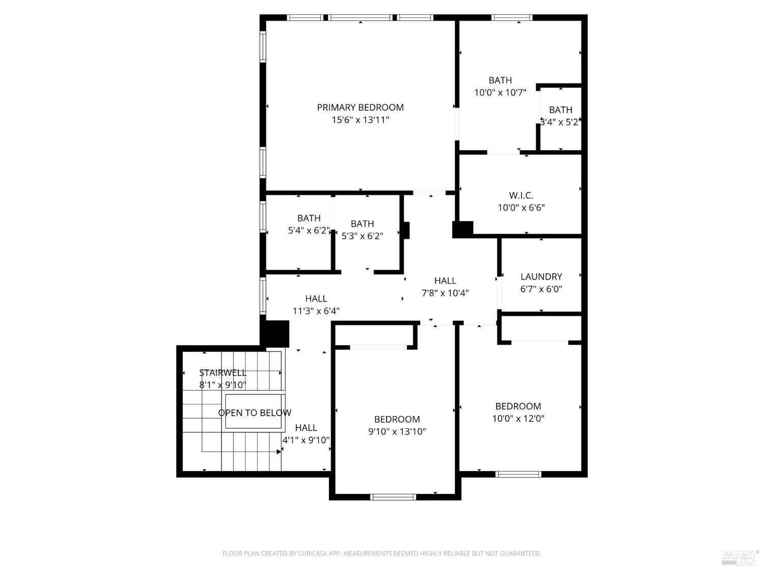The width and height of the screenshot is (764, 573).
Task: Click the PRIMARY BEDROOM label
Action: [360, 107]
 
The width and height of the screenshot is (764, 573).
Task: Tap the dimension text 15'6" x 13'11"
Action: [360, 120]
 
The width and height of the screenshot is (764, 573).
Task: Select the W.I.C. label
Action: [521, 195]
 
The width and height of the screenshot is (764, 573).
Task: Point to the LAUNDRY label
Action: [541, 277]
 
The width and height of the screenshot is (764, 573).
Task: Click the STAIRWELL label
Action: [223, 373]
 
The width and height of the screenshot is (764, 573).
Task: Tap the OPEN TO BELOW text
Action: [255, 413]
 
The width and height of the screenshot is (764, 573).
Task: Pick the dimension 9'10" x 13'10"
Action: [397, 431]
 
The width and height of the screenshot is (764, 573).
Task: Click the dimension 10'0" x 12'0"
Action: [518, 419]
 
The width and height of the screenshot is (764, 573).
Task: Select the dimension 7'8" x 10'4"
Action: [445, 293]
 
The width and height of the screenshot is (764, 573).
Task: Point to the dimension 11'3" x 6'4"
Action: [316, 311]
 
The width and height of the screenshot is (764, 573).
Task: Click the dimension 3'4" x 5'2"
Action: [560, 122]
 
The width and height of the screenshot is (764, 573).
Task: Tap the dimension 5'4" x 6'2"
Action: [309, 230]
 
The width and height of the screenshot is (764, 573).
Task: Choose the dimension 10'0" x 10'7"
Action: [500, 93]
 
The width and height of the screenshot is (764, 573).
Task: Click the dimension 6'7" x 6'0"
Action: [541, 289]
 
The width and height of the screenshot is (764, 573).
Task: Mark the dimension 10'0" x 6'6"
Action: [521, 208]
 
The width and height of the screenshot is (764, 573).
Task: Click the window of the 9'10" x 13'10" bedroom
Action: [393, 497]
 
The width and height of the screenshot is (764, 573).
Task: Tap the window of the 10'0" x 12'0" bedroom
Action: [519, 474]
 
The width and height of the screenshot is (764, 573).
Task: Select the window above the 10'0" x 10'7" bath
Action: [512, 17]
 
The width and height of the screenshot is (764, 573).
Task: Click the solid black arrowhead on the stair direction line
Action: [279, 452]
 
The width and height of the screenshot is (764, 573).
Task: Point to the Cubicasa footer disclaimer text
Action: [381, 554]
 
